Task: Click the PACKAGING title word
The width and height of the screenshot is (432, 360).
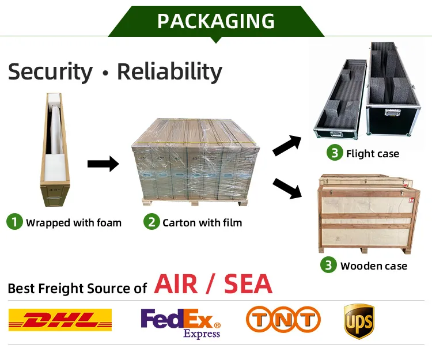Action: tap(216, 21)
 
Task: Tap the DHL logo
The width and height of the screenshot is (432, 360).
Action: tap(60, 320)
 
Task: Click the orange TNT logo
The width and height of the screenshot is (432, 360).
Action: tap(283, 320)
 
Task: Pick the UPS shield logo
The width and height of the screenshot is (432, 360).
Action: tap(359, 321)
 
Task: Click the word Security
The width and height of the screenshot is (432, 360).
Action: tap(50, 72)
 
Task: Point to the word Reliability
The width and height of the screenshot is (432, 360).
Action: tap(169, 72)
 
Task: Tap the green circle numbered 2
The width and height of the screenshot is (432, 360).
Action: tap(151, 222)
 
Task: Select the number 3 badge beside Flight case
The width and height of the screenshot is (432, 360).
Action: tap(334, 153)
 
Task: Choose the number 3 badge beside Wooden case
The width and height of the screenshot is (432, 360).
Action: tap(328, 265)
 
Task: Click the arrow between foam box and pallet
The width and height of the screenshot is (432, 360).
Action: tap(103, 165)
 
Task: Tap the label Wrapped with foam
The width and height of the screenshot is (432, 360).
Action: tap(74, 223)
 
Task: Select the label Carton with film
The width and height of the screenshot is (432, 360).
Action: tap(202, 223)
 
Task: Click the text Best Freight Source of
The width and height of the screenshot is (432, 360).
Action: tap(77, 288)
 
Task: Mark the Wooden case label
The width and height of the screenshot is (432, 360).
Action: tap(374, 266)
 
